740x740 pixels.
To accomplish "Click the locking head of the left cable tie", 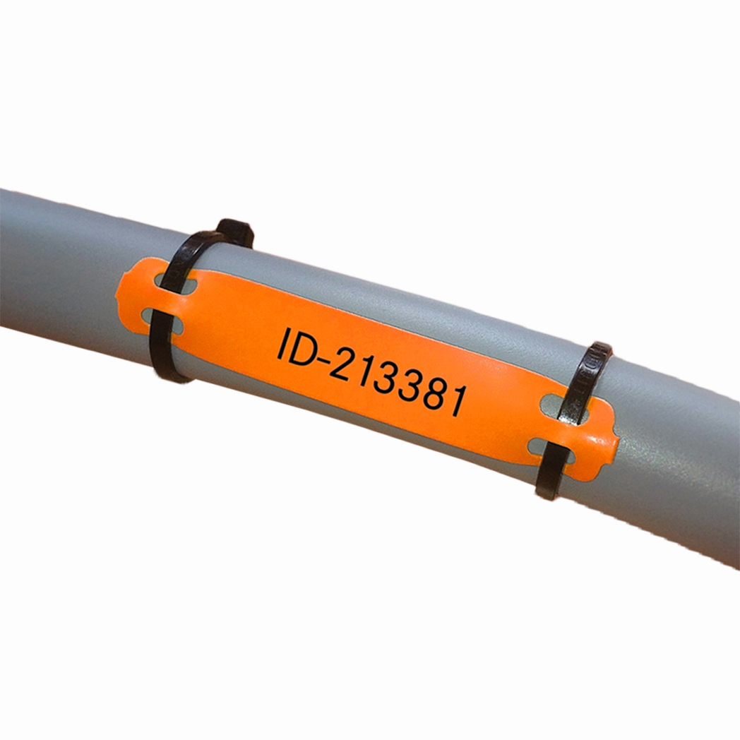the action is pyautogui.click(x=235, y=233).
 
